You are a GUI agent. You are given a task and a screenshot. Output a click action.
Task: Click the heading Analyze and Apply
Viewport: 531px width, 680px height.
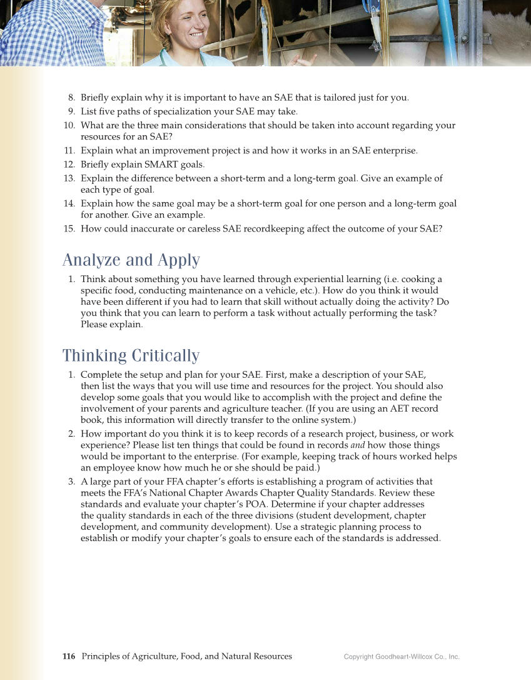(x=131, y=260)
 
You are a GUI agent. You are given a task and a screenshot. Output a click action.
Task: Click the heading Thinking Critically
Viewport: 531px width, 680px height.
(x=131, y=356)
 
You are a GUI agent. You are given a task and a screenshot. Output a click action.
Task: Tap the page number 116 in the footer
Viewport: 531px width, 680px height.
(x=69, y=656)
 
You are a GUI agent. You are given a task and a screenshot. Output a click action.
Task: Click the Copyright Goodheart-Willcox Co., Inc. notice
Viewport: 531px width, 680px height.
(x=402, y=657)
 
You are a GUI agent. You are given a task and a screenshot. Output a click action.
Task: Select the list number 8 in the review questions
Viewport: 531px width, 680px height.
(x=72, y=98)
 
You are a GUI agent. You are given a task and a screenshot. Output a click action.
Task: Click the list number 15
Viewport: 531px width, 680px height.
(x=69, y=229)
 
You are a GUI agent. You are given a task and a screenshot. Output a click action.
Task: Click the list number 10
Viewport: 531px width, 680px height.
(x=69, y=126)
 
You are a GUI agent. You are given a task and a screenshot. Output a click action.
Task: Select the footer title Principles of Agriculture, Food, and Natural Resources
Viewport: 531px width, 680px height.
(x=186, y=656)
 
